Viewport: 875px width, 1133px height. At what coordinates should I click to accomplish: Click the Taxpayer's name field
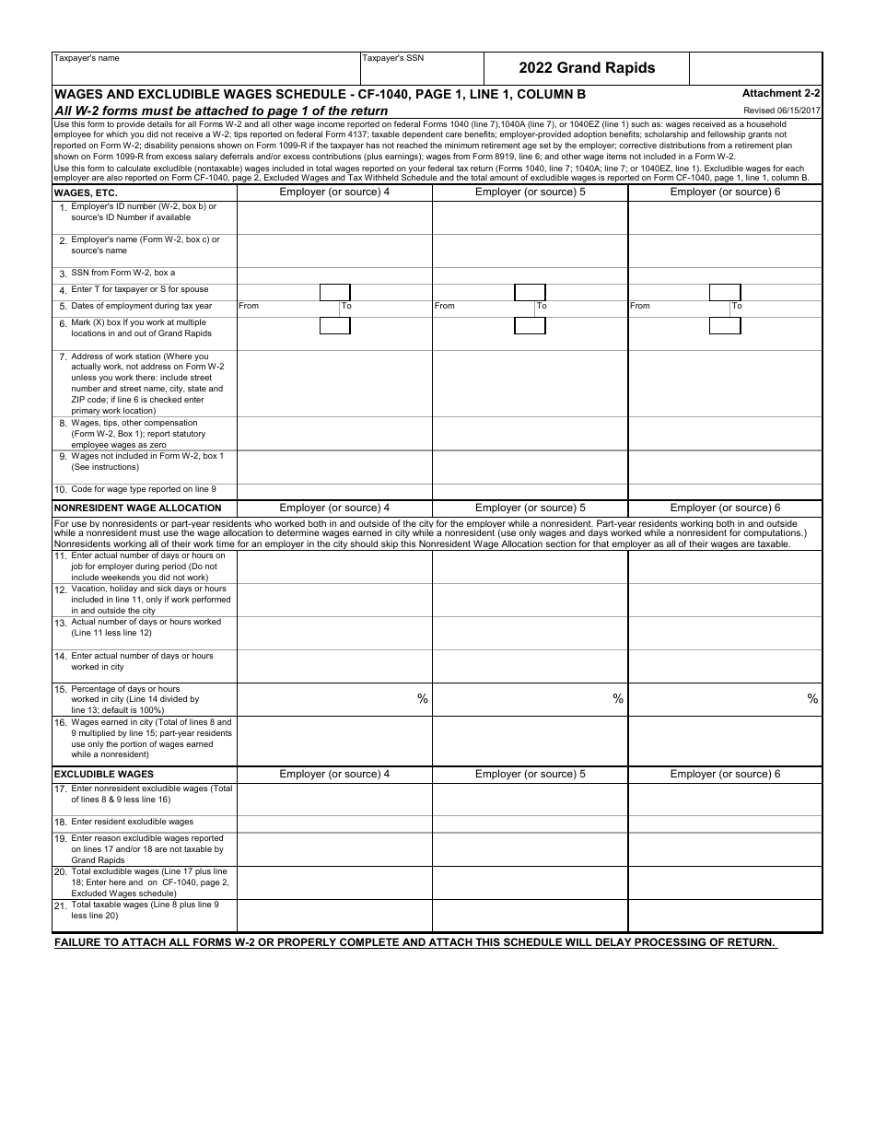pos(204,72)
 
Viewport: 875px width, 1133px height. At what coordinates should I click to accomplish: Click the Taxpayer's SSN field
pos(421,72)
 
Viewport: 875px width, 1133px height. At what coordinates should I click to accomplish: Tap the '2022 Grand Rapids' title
pos(587,67)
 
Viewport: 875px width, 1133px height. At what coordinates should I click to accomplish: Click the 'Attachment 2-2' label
pos(781,93)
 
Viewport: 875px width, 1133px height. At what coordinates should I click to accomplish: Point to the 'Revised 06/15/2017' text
pos(782,111)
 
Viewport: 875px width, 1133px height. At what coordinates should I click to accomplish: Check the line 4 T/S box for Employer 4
pos(334,292)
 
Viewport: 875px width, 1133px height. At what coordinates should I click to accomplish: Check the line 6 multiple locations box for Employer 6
pos(725,325)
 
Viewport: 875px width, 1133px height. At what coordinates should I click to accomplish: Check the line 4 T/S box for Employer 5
pos(530,292)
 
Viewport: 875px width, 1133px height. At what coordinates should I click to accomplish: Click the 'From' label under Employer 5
pos(444,306)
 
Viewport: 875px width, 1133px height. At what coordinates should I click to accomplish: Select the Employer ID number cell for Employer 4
pos(334,217)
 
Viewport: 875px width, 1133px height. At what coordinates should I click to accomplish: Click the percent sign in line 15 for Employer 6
pos(812,699)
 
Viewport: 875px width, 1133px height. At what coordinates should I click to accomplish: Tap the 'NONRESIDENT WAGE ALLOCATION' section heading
pos(138,508)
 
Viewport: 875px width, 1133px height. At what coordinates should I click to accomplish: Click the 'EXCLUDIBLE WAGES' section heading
pos(104,774)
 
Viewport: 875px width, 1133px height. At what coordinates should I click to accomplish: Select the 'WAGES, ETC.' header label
pos(86,193)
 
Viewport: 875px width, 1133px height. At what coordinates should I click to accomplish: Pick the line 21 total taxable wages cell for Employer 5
pos(530,916)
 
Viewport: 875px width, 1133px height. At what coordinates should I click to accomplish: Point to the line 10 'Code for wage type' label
pos(143,489)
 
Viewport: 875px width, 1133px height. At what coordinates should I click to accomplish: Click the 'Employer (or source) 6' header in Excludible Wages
pos(725,774)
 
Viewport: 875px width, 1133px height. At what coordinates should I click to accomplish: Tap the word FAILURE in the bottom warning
pos(80,942)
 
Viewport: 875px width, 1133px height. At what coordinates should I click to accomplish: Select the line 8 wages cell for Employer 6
pos(725,434)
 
